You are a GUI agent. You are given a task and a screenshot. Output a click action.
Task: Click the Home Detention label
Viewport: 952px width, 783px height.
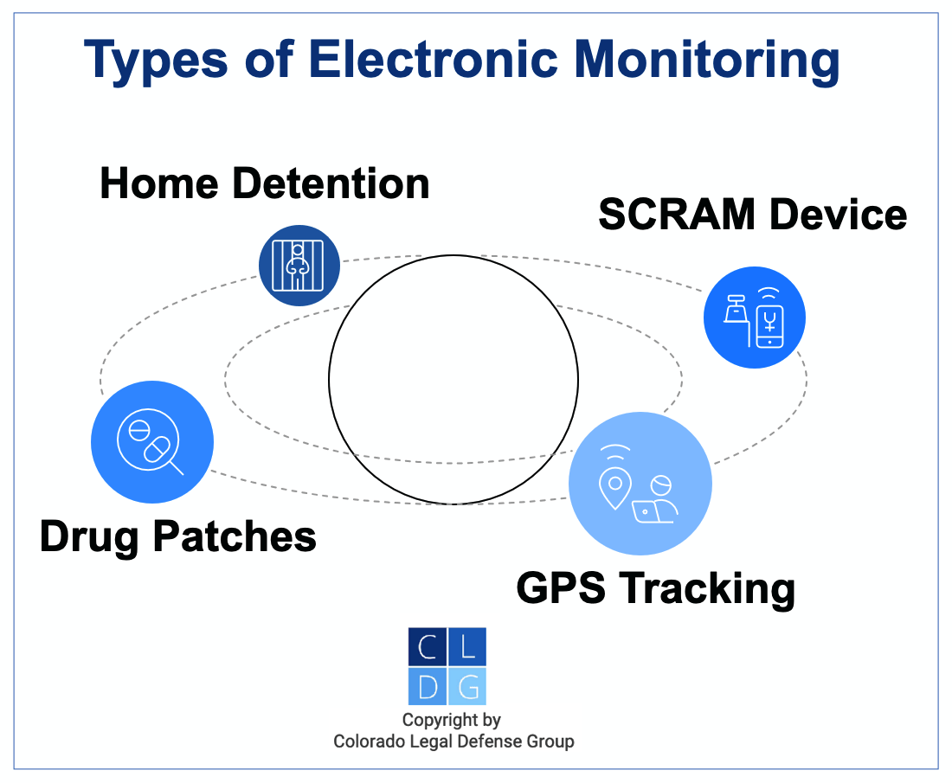[265, 184]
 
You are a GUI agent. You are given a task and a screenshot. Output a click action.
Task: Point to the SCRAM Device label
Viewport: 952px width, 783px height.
[752, 215]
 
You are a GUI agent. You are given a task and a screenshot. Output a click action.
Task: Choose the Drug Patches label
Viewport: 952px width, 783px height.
[178, 536]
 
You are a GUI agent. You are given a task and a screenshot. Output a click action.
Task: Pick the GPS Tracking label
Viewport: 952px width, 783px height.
[655, 588]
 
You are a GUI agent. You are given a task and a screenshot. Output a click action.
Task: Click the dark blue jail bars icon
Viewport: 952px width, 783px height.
[299, 265]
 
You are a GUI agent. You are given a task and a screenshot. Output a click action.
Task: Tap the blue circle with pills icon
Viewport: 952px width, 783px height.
[152, 441]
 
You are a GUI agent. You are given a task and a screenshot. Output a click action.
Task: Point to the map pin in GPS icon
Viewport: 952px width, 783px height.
[614, 489]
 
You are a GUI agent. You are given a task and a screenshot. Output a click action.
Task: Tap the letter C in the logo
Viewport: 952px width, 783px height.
[428, 646]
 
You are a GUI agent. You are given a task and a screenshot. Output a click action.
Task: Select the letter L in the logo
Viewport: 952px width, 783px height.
[467, 646]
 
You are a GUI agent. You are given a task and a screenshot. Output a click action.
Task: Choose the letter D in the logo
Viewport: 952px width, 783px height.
[428, 686]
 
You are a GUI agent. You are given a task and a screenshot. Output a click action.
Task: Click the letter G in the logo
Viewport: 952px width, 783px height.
[467, 686]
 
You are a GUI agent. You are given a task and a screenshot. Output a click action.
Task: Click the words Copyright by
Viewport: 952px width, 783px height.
[452, 720]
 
